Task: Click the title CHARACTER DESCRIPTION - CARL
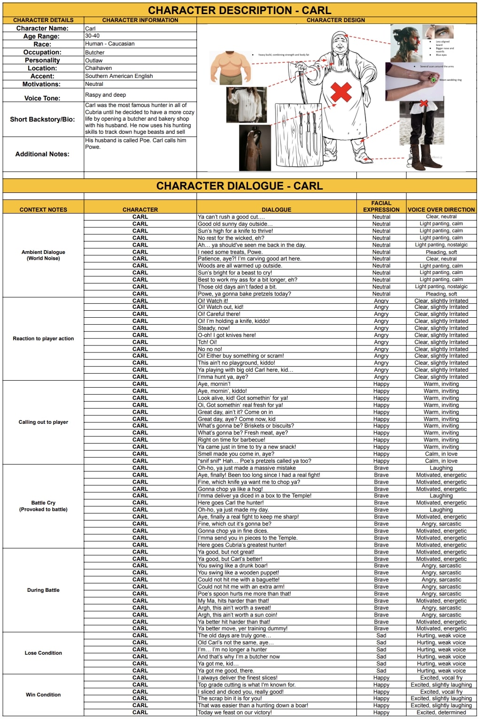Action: click(x=239, y=10)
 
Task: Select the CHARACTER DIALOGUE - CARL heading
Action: click(x=239, y=186)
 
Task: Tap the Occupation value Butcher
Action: click(x=95, y=53)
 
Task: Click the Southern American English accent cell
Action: click(x=119, y=76)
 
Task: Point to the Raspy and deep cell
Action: click(x=105, y=95)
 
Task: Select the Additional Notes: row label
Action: click(x=42, y=154)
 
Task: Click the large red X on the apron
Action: click(x=341, y=92)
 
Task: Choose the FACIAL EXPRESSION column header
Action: click(x=381, y=207)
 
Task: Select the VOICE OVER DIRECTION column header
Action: click(x=441, y=210)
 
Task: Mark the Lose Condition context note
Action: click(x=43, y=653)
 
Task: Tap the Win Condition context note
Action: click(x=43, y=695)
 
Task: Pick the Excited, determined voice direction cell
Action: click(x=441, y=712)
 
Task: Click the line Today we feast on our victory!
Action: click(x=234, y=712)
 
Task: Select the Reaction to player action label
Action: click(x=43, y=338)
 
